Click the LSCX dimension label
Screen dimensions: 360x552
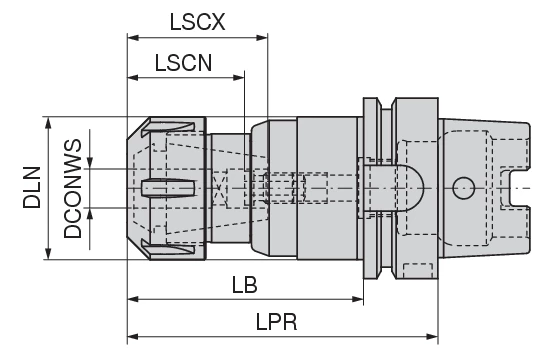(196, 20)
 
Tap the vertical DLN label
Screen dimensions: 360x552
(30, 187)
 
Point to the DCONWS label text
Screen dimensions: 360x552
(72, 187)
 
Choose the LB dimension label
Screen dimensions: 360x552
(243, 284)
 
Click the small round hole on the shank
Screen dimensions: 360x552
(462, 187)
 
